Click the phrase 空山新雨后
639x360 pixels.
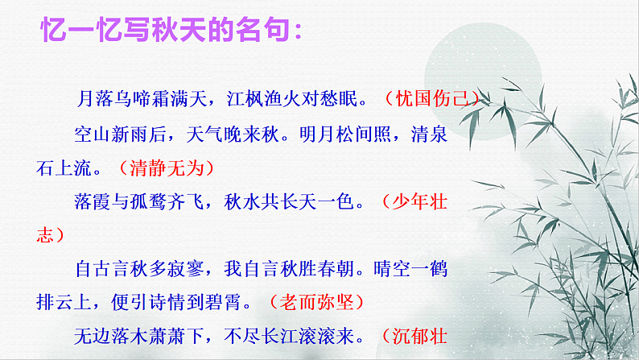pyautogui.click(x=114, y=134)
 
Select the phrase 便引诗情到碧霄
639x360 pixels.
pyautogui.click(x=189, y=302)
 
